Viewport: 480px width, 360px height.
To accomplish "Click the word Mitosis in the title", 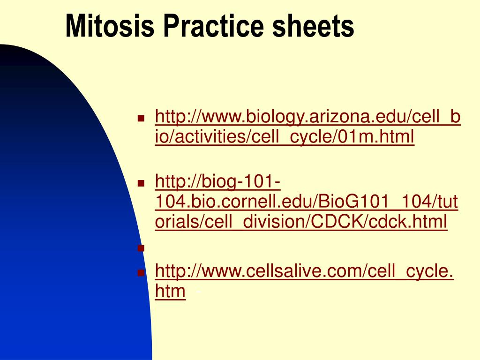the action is (110, 26).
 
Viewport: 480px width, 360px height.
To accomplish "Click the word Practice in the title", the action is (213, 26).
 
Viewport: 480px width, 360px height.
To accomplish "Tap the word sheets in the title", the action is (313, 26).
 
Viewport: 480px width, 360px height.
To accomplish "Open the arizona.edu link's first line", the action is (307, 117).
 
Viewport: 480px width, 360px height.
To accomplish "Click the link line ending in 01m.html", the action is (285, 137).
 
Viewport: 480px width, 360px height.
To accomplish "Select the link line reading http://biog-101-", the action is (217, 182).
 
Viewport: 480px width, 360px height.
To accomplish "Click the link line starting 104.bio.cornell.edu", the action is (307, 202).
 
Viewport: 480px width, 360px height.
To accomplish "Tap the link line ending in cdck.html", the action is (301, 221).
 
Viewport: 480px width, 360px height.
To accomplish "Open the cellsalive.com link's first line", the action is (304, 271).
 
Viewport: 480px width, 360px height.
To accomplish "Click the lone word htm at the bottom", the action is (170, 291).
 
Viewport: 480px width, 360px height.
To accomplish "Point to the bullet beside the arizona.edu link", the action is (141, 118).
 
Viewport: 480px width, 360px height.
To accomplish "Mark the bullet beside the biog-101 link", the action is (141, 183).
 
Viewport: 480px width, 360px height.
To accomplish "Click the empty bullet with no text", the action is (141, 248).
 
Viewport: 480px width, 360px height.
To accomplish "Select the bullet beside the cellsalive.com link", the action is (141, 272).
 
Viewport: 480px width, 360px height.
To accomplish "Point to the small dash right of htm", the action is (198, 292).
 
